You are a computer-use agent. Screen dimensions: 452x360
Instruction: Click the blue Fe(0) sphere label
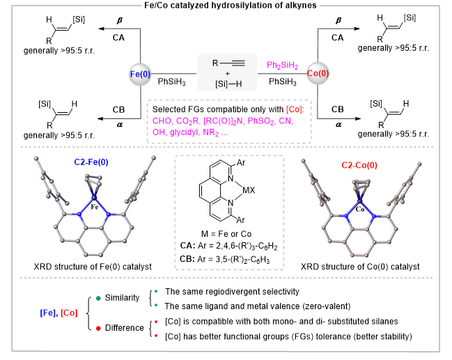[x=140, y=74]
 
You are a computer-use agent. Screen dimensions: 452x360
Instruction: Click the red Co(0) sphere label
[x=318, y=73]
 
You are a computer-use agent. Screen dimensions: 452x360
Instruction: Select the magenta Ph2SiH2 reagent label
[x=282, y=65]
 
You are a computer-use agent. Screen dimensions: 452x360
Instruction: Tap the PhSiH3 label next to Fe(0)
[x=171, y=82]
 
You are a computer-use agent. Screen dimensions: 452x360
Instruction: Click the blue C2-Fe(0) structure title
[x=91, y=162]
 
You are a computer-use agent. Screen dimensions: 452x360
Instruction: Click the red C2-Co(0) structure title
[x=359, y=165]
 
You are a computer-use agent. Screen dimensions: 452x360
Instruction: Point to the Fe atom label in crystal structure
[x=95, y=207]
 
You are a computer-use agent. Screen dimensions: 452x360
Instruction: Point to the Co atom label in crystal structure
[x=360, y=210]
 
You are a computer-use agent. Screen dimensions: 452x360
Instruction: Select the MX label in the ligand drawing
[x=249, y=190]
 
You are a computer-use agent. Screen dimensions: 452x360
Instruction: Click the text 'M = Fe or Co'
[x=226, y=234]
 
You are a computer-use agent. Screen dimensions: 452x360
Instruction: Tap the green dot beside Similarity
[x=98, y=298]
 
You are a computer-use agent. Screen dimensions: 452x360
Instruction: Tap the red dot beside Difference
[x=98, y=328]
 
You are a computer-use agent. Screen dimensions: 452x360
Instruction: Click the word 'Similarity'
[x=122, y=298]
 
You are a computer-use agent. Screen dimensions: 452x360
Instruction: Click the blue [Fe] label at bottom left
[x=48, y=313]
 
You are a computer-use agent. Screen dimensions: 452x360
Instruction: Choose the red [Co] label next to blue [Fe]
[x=69, y=313]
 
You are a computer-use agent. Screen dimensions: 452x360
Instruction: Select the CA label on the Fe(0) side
[x=118, y=38]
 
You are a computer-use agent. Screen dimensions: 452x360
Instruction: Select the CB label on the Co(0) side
[x=338, y=109]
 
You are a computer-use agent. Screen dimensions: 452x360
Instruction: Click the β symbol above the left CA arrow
[x=120, y=20]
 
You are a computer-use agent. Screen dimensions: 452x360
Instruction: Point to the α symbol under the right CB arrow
[x=338, y=125]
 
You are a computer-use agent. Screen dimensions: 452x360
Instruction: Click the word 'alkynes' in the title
[x=301, y=5]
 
